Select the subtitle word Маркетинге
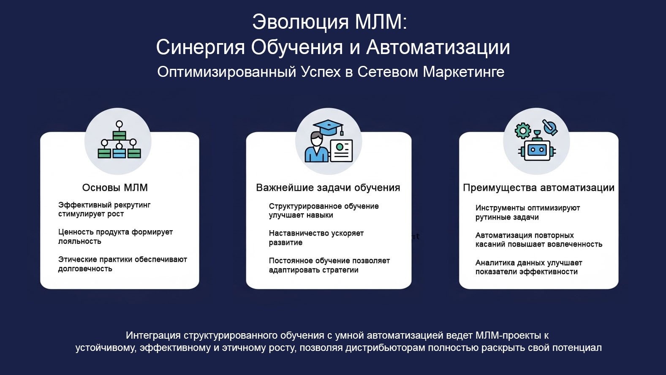point(464,72)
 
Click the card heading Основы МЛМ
point(115,187)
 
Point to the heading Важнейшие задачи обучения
point(328,187)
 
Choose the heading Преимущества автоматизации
point(538,187)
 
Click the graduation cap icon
point(328,126)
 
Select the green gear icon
point(523,131)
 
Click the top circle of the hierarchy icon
point(119,124)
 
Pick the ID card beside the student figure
point(341,150)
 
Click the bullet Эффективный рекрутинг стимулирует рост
point(104,209)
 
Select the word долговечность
point(85,269)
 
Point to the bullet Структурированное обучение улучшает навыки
point(324,211)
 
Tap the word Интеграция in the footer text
point(153,336)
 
